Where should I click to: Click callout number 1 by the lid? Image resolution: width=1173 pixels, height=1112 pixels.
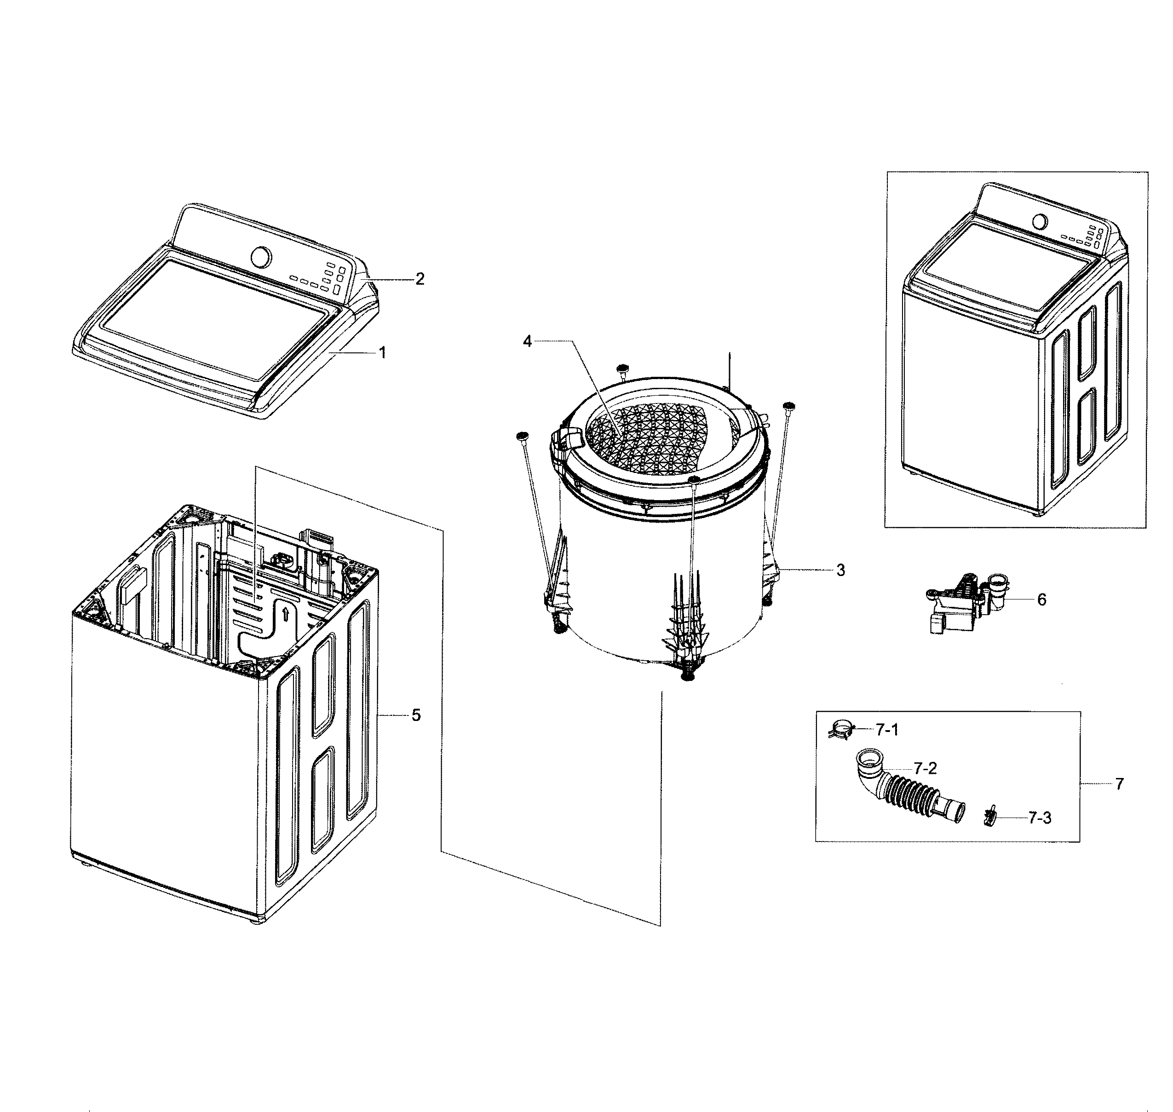382,353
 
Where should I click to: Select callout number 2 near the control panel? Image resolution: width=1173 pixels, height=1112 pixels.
420,279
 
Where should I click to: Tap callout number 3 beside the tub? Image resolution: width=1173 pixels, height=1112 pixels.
840,570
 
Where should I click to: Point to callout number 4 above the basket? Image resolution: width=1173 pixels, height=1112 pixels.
527,341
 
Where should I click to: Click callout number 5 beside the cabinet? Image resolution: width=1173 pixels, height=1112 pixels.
416,715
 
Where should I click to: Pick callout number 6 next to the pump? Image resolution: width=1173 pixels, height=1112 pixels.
1041,599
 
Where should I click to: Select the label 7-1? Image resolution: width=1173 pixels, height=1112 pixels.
887,730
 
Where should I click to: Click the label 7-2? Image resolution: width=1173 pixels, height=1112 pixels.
925,769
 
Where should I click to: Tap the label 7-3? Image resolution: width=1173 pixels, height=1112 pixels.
1040,818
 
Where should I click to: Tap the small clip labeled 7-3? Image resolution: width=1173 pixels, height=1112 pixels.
988,818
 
